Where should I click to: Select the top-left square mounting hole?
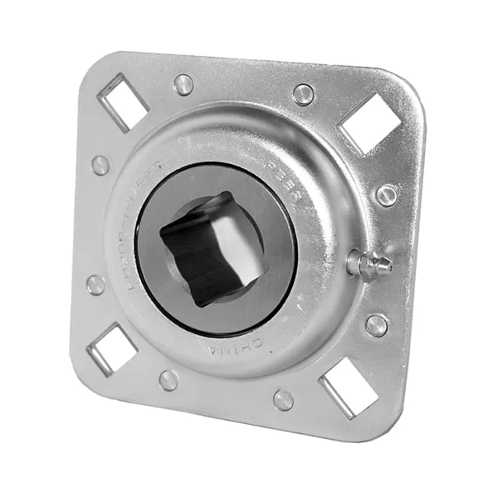[x=123, y=101]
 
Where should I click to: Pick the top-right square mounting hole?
[x=370, y=121]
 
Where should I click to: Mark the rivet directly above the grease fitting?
[x=386, y=195]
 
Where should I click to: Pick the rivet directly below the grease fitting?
[x=377, y=324]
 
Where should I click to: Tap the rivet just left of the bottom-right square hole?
[x=283, y=399]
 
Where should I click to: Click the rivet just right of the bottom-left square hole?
[x=168, y=379]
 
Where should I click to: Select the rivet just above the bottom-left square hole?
[x=96, y=285]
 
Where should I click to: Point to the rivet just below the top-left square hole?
[x=101, y=165]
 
